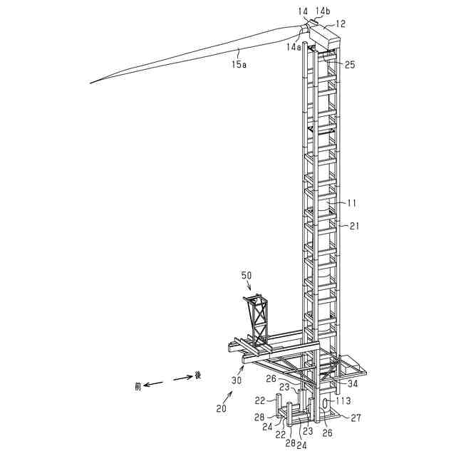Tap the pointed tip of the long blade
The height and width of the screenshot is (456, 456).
coord(91,83)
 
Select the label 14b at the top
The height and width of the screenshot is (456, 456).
coord(323,11)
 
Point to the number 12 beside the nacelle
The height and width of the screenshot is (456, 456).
coord(340,24)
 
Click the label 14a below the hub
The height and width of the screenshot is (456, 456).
coord(294,46)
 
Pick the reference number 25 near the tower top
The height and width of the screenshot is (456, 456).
coord(350,65)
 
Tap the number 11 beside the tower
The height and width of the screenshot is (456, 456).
coord(351,203)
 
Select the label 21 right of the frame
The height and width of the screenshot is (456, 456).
coord(354,226)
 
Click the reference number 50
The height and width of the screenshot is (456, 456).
coord(247,275)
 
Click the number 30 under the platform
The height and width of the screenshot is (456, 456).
coord(236,380)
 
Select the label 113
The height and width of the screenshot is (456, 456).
coord(344,400)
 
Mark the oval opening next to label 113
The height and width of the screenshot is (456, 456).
coord(325,404)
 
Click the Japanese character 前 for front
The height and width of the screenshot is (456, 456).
coord(138,387)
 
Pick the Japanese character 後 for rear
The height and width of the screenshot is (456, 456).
coord(197,375)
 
